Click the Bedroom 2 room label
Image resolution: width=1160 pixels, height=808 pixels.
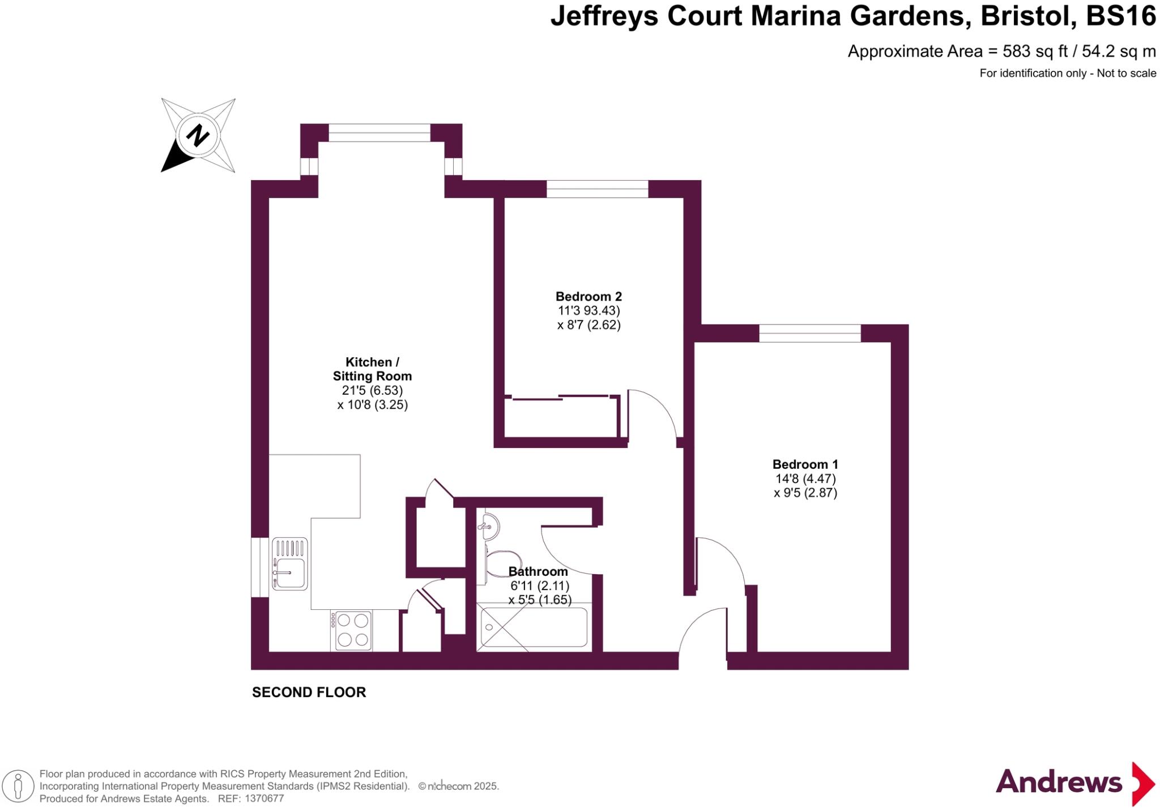point(588,296)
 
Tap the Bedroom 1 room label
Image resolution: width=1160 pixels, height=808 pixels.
point(805,464)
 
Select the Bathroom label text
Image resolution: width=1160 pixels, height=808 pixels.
point(538,571)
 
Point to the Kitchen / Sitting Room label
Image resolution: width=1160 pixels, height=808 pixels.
point(372,369)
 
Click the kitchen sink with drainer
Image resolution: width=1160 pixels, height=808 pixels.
point(290,564)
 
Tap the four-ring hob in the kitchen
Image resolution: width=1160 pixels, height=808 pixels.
point(351,631)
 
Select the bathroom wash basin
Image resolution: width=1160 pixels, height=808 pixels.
point(488,527)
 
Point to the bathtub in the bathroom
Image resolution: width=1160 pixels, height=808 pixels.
point(534,627)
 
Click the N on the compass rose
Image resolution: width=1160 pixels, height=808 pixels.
point(198,136)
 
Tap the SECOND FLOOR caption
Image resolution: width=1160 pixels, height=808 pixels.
point(309,692)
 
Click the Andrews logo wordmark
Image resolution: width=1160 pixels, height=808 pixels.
point(1059,783)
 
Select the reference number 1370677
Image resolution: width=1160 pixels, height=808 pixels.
point(264,799)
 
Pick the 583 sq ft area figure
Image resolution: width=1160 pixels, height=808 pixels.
point(1035,52)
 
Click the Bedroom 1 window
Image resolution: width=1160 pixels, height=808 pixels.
point(809,333)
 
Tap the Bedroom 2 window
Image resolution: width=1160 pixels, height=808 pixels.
point(597,189)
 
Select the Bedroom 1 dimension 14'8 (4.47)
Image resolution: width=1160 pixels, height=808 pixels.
point(805,478)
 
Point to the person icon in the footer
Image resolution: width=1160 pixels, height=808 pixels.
point(18,786)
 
